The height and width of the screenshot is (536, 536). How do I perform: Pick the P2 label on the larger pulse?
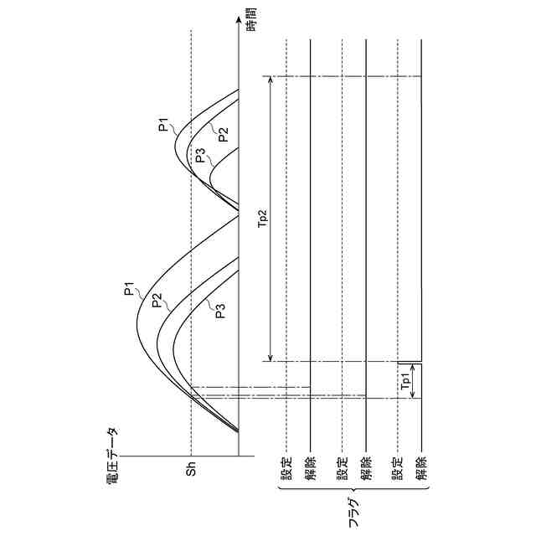[156, 300]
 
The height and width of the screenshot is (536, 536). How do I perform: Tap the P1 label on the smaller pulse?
[164, 126]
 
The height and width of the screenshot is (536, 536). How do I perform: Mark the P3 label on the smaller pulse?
[200, 155]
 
